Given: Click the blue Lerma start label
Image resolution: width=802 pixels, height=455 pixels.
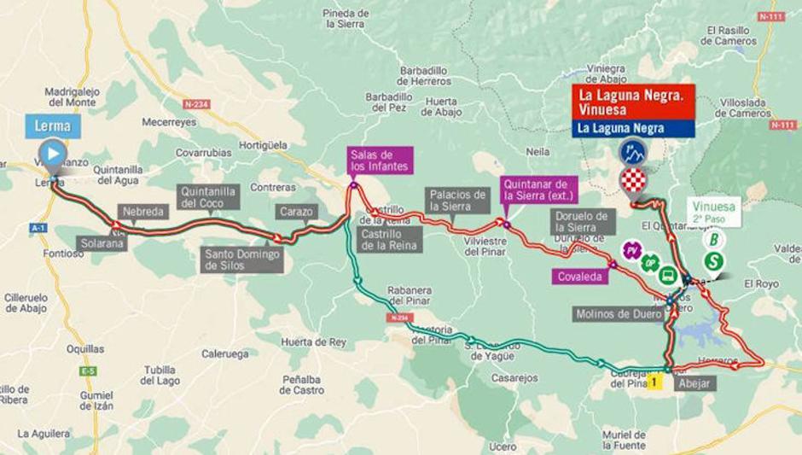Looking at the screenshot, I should point(53,126).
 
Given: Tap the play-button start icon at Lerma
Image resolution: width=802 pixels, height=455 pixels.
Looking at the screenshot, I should point(53,154).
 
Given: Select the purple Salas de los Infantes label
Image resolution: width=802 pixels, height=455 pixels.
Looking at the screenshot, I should point(380,160).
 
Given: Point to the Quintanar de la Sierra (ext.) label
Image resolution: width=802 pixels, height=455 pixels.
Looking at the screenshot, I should point(539,190).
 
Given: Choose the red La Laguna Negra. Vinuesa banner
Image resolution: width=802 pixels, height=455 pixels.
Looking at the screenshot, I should point(633,102).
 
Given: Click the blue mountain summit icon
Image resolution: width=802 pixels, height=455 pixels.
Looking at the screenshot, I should point(633,153).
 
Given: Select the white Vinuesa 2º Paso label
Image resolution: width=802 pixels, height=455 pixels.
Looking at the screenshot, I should point(713,212).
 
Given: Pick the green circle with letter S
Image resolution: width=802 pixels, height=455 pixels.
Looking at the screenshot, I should point(714,261).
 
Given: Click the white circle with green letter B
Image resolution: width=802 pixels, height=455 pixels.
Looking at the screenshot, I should point(713,239).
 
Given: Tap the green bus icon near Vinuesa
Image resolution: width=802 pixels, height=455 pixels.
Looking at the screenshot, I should point(668,276).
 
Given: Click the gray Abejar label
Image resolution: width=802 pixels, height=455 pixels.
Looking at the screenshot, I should point(693,383).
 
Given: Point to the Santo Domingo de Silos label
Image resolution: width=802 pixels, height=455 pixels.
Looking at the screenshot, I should point(242,260).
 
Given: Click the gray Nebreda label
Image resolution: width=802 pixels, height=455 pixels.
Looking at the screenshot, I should point(142,212).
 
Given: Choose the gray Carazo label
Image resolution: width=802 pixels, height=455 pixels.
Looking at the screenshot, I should point(296,212).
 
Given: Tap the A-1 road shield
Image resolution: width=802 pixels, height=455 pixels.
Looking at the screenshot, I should point(38,228).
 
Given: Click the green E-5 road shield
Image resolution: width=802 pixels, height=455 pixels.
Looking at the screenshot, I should point(88,371).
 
